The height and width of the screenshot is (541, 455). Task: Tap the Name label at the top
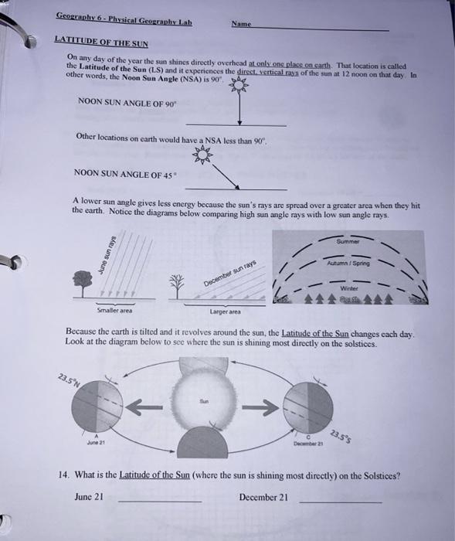tap(241, 25)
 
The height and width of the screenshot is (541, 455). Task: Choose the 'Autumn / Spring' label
tap(350, 263)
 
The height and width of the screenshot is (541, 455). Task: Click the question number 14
tap(64, 476)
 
